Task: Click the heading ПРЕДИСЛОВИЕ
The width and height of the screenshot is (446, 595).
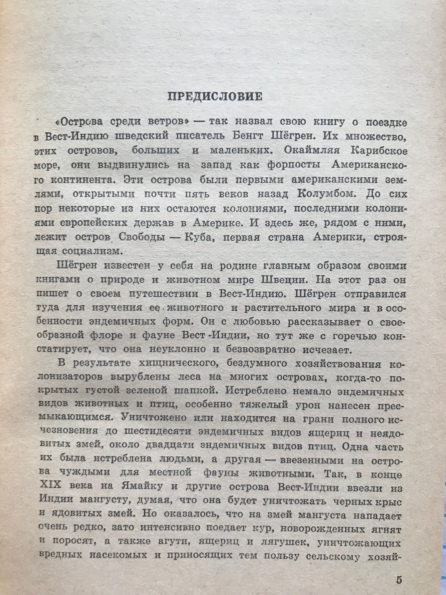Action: pos(215,97)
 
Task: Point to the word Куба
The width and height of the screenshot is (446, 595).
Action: pos(202,237)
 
